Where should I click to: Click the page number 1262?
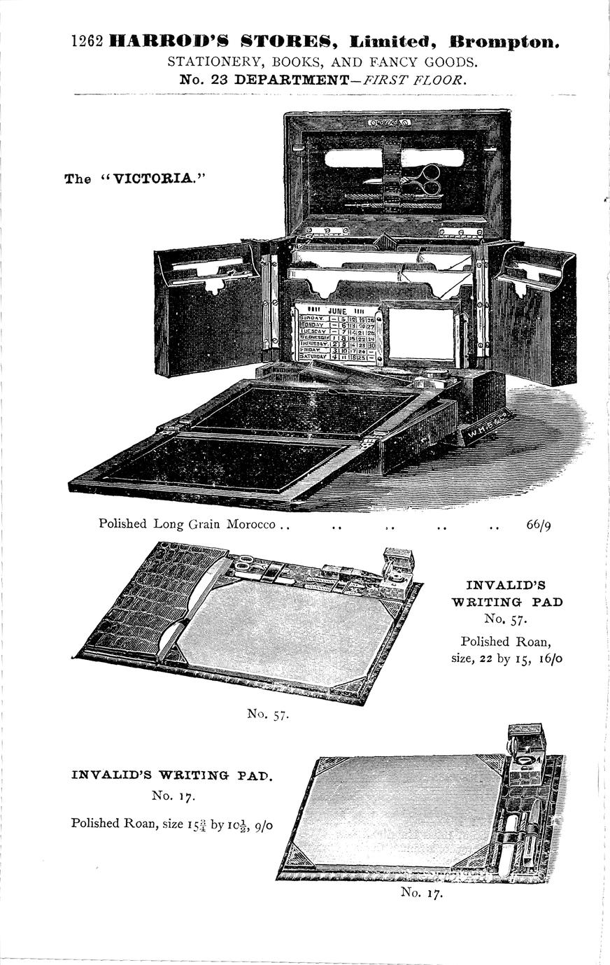(87, 42)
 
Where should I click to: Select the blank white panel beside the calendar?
(421, 334)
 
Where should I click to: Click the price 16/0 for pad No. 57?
(549, 658)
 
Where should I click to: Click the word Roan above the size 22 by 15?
(534, 641)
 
